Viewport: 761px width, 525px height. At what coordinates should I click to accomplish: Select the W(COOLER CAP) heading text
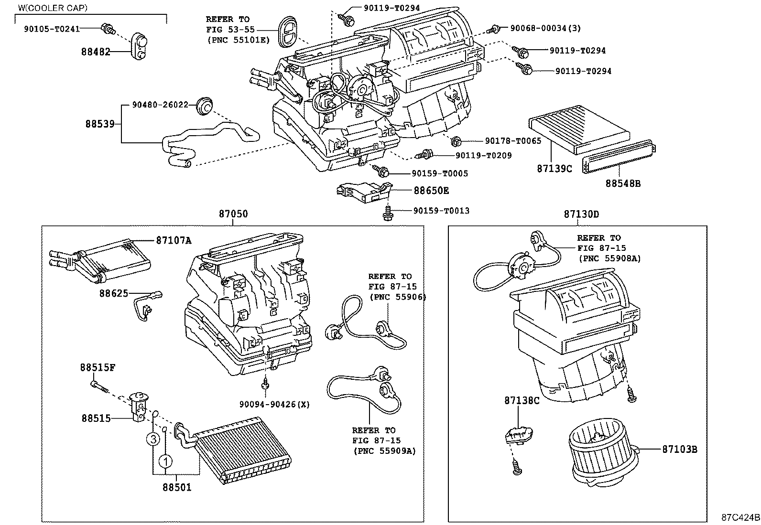(53, 8)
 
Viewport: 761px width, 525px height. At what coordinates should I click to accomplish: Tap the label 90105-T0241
(52, 28)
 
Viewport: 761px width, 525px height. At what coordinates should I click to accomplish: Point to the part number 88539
(100, 124)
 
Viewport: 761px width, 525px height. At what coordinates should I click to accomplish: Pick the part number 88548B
(623, 182)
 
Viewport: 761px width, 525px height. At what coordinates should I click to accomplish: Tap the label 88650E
(431, 190)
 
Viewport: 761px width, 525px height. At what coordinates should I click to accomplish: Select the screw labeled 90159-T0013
(388, 214)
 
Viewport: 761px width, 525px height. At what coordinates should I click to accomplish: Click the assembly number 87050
(233, 214)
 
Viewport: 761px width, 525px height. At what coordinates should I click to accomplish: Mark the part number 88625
(114, 293)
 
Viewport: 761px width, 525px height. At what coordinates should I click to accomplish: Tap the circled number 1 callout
(165, 461)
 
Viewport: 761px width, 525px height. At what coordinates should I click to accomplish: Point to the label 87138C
(522, 400)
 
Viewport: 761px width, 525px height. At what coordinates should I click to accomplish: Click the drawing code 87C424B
(740, 517)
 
